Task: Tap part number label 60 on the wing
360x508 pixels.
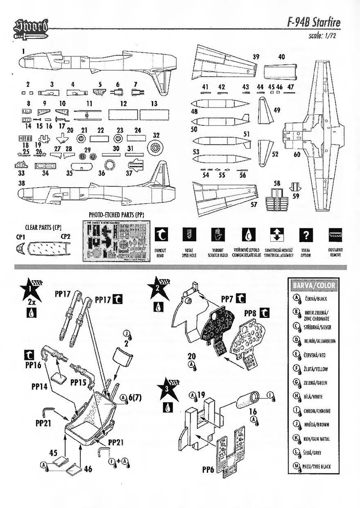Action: click(297, 155)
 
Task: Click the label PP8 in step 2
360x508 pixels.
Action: click(250, 313)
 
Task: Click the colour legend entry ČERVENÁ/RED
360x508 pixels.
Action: click(315, 354)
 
